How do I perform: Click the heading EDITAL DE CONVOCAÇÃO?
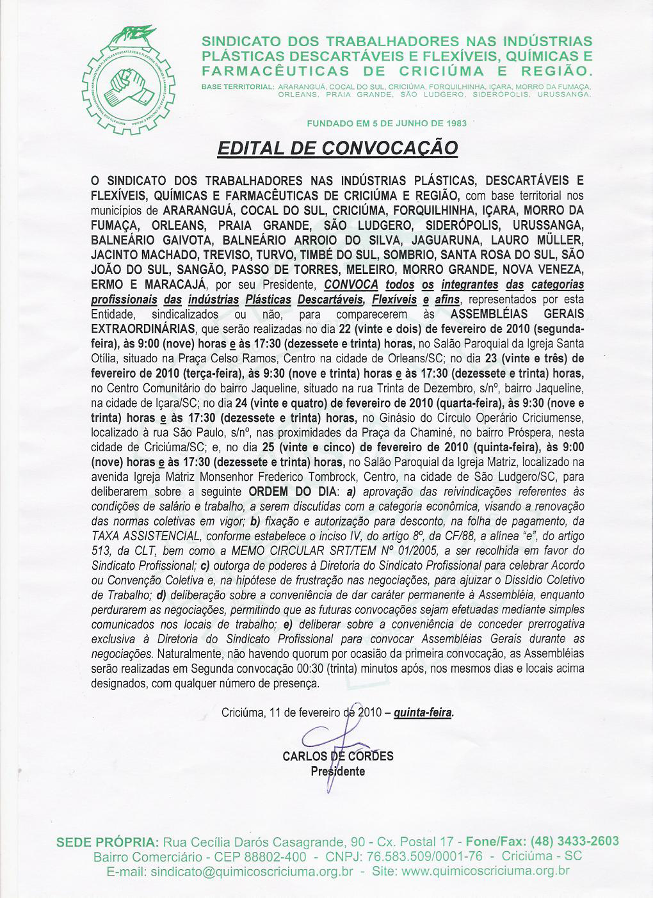tap(338, 148)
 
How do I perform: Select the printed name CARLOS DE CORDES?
tap(338, 756)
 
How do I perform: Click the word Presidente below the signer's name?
tap(338, 771)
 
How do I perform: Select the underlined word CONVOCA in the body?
tap(351, 284)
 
